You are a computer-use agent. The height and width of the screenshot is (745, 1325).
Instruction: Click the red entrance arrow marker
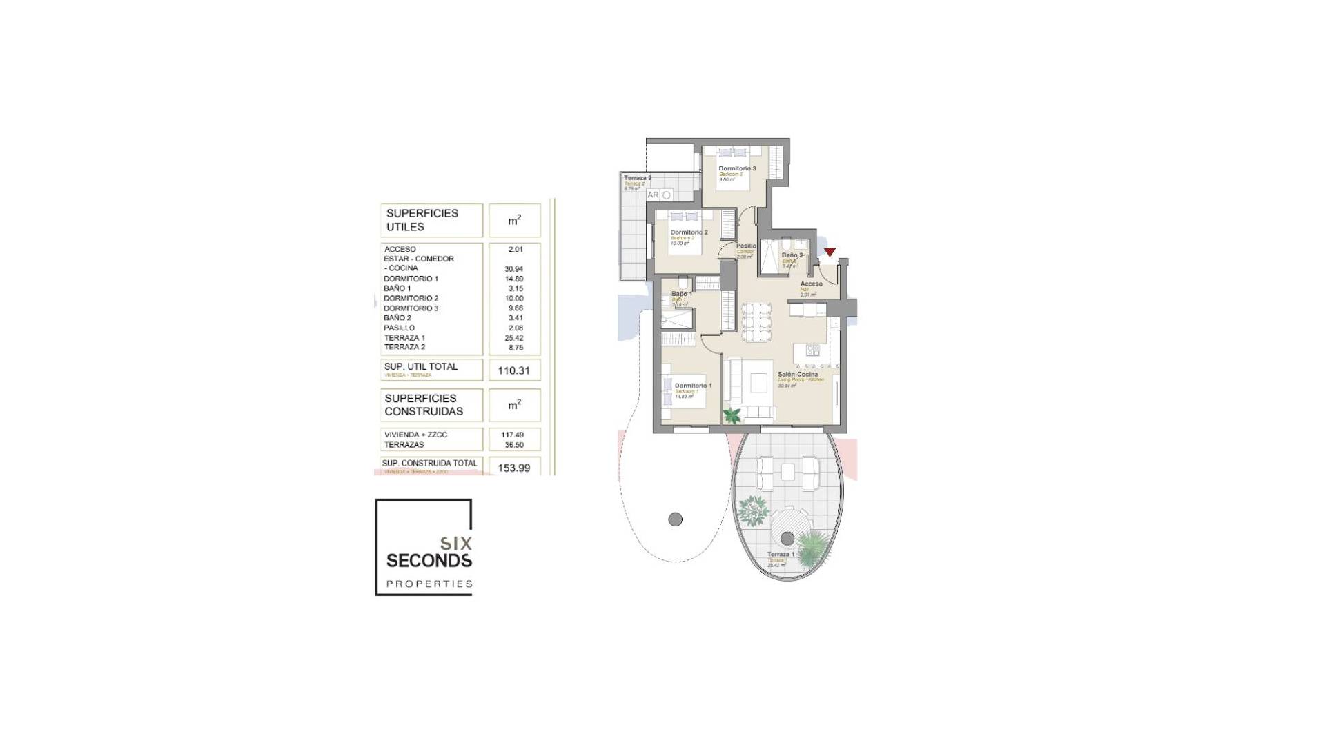[830, 252]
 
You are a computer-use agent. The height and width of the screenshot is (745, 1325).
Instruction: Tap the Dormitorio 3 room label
[737, 168]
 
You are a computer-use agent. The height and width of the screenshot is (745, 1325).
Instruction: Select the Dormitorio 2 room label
[689, 232]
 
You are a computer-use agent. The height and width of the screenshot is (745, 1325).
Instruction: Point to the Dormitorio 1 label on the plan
[693, 386]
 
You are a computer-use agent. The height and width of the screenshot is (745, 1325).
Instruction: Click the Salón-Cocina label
[797, 375]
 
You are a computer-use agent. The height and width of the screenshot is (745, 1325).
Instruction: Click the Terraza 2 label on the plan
[638, 178]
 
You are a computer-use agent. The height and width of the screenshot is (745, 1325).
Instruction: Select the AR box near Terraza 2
[653, 195]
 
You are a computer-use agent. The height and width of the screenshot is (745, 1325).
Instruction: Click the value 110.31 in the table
[513, 370]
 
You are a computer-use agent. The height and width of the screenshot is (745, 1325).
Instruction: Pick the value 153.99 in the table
[513, 468]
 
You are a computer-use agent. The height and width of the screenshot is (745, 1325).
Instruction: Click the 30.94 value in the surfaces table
[513, 269]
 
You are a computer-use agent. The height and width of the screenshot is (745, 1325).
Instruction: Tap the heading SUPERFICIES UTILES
[422, 220]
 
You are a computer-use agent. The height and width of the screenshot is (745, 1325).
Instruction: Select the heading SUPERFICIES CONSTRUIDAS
[424, 405]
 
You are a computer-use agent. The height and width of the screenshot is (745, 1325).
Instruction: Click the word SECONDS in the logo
[429, 560]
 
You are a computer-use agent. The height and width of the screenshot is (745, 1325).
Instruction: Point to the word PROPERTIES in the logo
[429, 584]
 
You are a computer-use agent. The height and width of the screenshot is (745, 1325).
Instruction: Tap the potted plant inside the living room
[732, 415]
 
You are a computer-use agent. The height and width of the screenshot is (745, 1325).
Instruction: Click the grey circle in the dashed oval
[675, 519]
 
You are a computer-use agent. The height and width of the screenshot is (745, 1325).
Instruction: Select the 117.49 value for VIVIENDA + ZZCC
[513, 435]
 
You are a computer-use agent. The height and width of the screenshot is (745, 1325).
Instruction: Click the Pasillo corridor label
[746, 246]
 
